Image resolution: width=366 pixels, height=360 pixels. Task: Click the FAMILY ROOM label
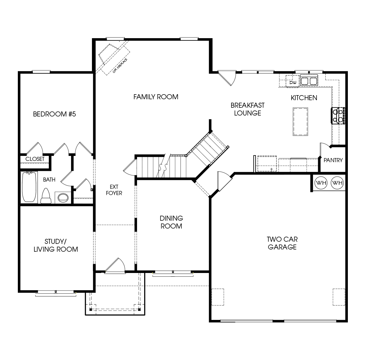tap(156, 97)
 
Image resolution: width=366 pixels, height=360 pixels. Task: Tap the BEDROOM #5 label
tap(54, 114)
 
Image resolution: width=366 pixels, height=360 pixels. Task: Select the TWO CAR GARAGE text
tap(282, 243)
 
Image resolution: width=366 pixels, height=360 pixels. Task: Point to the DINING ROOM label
tap(171, 222)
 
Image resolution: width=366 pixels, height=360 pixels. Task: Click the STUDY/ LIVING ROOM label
tap(56, 245)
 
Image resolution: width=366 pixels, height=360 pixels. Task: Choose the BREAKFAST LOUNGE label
tap(247, 109)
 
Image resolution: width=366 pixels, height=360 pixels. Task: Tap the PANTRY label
tap(333, 160)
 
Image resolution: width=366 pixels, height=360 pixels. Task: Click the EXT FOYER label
tap(114, 190)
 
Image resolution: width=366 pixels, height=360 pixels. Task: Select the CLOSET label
tap(35, 159)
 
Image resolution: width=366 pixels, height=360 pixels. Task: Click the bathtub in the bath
tap(29, 187)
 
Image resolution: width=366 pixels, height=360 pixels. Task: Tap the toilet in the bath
tap(46, 197)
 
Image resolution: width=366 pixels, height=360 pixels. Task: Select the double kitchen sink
tap(309, 81)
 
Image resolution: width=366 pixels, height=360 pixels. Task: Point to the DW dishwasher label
tap(293, 83)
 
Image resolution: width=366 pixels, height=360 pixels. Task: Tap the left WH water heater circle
tap(321, 183)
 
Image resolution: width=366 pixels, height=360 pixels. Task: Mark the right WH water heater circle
tap(337, 183)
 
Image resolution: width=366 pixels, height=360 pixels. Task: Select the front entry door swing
tap(115, 265)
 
